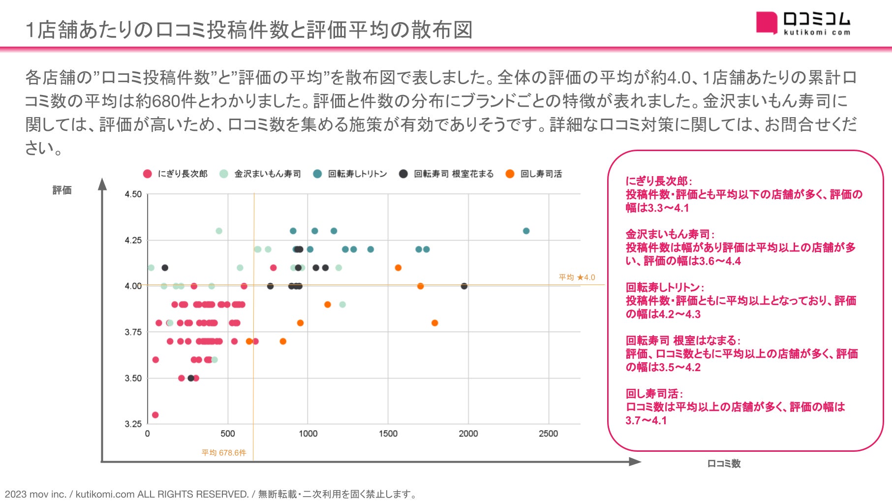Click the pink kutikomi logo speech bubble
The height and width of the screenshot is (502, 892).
click(x=767, y=23)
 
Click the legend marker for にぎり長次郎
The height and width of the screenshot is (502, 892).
click(x=147, y=174)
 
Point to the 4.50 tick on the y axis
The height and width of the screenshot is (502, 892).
click(x=133, y=194)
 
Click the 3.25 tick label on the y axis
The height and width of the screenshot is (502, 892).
click(x=133, y=424)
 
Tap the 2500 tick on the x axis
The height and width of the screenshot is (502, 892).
click(x=548, y=434)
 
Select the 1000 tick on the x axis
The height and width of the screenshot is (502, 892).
click(x=308, y=434)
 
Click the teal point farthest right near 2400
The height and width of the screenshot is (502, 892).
click(x=526, y=231)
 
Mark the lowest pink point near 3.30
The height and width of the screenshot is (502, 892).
click(x=155, y=415)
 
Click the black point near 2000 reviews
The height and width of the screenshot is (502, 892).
click(x=464, y=286)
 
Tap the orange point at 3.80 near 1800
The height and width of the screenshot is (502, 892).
click(x=434, y=323)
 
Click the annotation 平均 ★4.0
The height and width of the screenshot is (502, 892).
click(x=577, y=278)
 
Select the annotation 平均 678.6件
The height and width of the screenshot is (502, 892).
click(x=224, y=453)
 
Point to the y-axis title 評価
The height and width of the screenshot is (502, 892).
click(x=62, y=190)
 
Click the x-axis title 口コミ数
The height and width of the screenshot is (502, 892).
click(x=724, y=464)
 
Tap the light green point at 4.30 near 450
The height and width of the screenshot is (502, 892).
click(x=219, y=231)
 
